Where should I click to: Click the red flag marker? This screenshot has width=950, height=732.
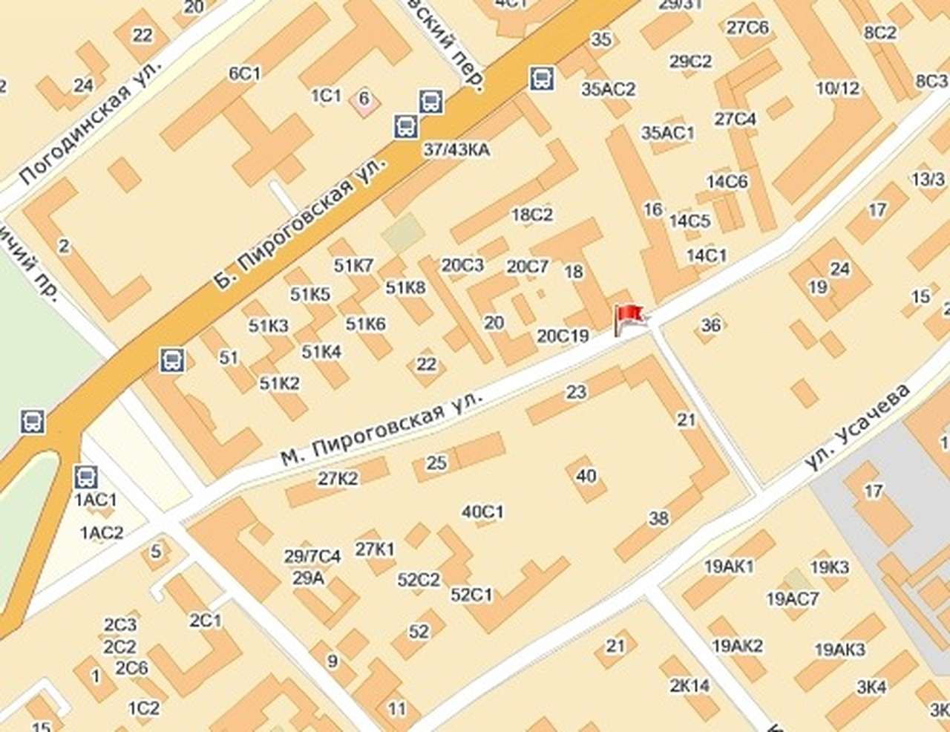tap(628, 318)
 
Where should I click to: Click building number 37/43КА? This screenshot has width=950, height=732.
tap(456, 150)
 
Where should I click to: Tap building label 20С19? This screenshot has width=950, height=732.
tap(563, 336)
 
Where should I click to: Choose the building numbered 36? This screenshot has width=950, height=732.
tap(710, 324)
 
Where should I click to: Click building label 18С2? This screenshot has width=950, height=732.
tap(532, 215)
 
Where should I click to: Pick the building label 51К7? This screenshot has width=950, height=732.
tap(353, 266)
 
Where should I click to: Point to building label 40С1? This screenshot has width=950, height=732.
tap(482, 512)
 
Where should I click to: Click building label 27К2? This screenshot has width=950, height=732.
tap(338, 479)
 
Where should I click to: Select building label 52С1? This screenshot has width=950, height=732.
tap(471, 595)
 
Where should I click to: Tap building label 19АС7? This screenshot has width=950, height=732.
tap(792, 598)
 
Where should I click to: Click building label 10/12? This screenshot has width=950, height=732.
tap(837, 89)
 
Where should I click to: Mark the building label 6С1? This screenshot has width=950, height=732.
tap(245, 73)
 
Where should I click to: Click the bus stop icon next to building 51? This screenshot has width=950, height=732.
tap(173, 361)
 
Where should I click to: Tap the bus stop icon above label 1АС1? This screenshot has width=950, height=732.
tap(86, 475)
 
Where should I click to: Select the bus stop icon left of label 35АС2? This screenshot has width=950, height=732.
tap(542, 77)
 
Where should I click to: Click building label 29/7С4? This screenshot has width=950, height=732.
tap(312, 556)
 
